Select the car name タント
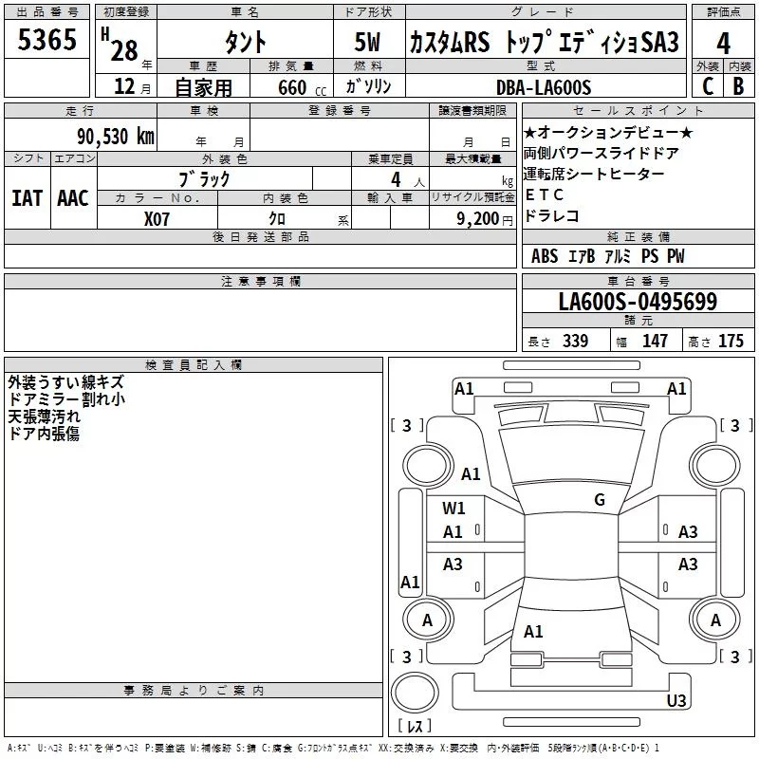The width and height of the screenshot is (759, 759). [244, 43]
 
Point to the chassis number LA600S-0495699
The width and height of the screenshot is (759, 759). [638, 303]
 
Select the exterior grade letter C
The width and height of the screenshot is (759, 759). [708, 86]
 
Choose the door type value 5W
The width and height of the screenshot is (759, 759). [369, 43]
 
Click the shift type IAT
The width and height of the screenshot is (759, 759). [27, 197]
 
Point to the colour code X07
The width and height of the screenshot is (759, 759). [158, 218]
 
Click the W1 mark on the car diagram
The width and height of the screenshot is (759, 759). [454, 509]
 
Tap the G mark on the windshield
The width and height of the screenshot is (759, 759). [600, 500]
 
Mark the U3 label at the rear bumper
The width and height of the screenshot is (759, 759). [676, 701]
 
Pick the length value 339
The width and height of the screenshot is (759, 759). [575, 342]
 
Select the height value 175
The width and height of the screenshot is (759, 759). [731, 342]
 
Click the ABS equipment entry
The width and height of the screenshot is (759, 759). [545, 256]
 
